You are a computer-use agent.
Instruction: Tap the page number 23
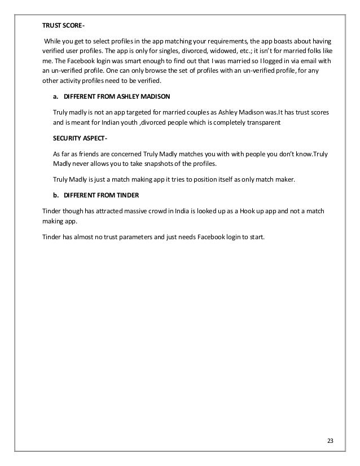(x=330, y=441)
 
